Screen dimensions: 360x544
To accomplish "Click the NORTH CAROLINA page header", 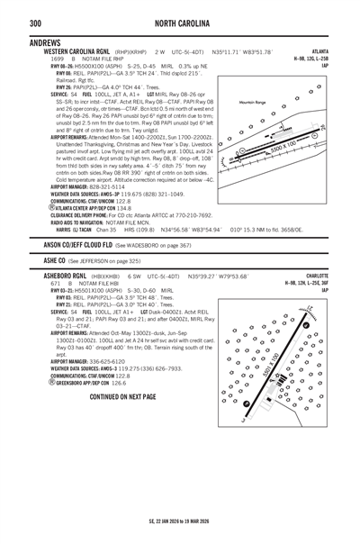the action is [x=180, y=22].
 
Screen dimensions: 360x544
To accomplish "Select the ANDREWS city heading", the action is [x=45, y=43].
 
